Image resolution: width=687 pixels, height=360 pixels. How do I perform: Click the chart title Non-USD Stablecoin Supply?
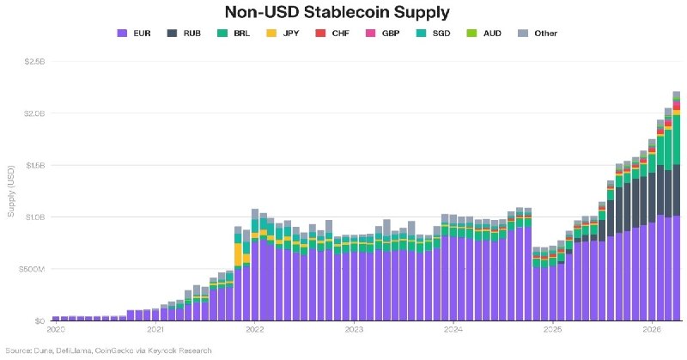(x=337, y=12)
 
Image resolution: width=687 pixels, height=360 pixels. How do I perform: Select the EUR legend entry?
(x=134, y=34)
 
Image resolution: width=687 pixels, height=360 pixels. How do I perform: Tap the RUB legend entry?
(x=184, y=34)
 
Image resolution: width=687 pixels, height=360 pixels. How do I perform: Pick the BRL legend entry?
(x=234, y=34)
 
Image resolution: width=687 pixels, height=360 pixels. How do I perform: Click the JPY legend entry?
(x=283, y=34)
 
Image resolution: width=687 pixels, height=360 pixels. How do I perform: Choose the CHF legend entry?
(x=332, y=34)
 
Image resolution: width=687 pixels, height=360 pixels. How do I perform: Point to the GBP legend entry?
(x=382, y=34)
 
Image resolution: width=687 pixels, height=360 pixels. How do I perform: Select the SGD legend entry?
(x=433, y=34)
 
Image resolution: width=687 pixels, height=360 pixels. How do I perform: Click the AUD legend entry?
(x=483, y=34)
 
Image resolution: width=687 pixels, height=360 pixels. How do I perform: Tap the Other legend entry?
(x=538, y=34)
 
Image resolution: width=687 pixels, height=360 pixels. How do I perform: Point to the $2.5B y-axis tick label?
(x=35, y=61)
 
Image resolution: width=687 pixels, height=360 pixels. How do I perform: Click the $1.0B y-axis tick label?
(x=35, y=217)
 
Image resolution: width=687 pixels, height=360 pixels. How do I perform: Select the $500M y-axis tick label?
(x=32, y=269)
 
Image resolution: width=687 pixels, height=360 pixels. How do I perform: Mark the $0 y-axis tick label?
(x=40, y=320)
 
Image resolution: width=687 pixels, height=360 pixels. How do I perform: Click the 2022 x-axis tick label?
(x=254, y=329)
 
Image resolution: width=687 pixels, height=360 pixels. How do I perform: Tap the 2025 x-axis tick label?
(x=553, y=329)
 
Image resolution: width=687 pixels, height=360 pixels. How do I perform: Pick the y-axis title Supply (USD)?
(x=11, y=192)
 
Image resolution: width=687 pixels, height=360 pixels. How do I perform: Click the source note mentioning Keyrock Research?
(x=109, y=351)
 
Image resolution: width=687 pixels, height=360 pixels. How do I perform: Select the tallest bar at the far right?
(x=677, y=205)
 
